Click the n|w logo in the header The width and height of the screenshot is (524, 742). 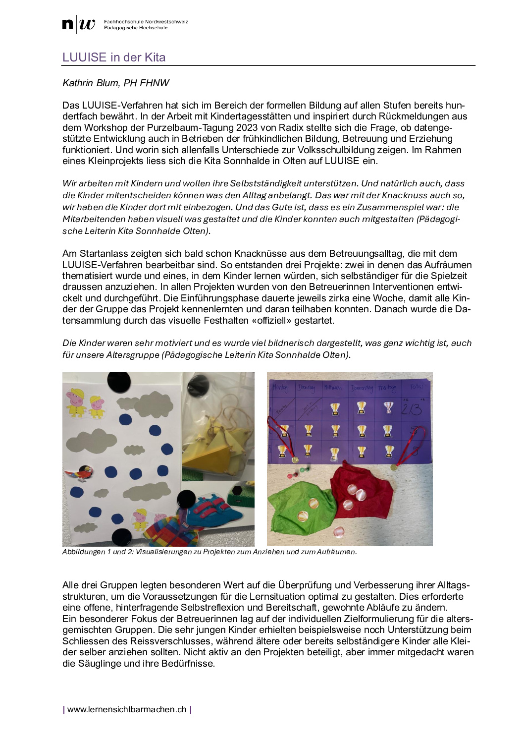tap(78, 24)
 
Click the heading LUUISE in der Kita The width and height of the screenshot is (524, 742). tap(114, 57)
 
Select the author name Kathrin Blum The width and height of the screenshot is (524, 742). tap(91, 83)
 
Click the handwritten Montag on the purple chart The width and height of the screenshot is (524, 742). tap(280, 388)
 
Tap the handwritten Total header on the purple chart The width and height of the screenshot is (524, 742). tap(416, 387)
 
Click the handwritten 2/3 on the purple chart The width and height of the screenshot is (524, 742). tap(411, 409)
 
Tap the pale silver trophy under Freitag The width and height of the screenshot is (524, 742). tap(389, 408)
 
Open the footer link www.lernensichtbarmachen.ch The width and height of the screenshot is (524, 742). tap(127, 709)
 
